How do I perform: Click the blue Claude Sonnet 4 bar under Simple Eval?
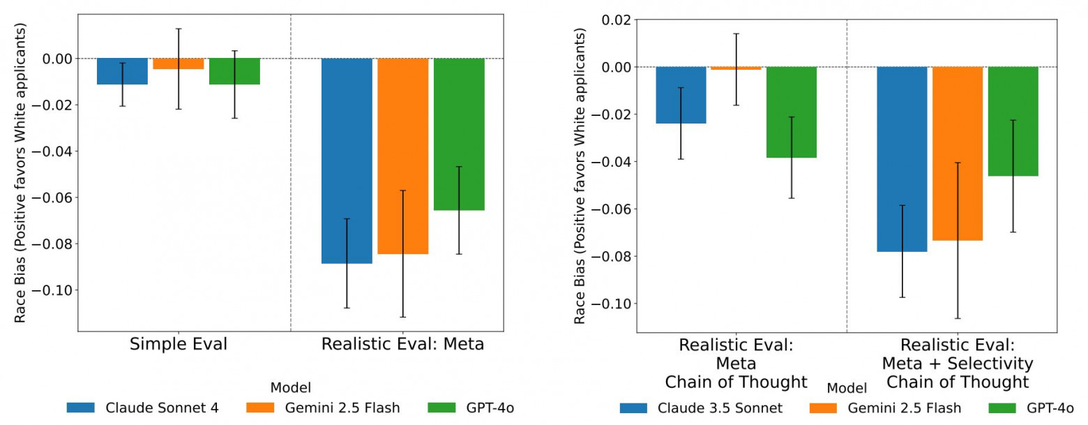pyautogui.click(x=122, y=71)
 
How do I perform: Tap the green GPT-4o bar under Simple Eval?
pyautogui.click(x=234, y=71)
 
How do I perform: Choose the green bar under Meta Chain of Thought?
pyautogui.click(x=791, y=112)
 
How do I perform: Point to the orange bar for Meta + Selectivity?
pyautogui.click(x=958, y=154)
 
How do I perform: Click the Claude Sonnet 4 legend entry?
pyautogui.click(x=143, y=408)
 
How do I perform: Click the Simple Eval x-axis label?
pyautogui.click(x=179, y=345)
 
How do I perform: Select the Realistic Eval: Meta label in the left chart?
pyautogui.click(x=402, y=345)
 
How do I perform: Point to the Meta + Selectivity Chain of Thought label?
pyautogui.click(x=957, y=364)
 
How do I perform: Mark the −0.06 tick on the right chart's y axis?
pyautogui.click(x=612, y=209)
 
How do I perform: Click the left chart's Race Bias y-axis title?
pyautogui.click(x=21, y=172)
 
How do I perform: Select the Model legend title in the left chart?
pyautogui.click(x=290, y=387)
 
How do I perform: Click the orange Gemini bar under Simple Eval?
pyautogui.click(x=179, y=64)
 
